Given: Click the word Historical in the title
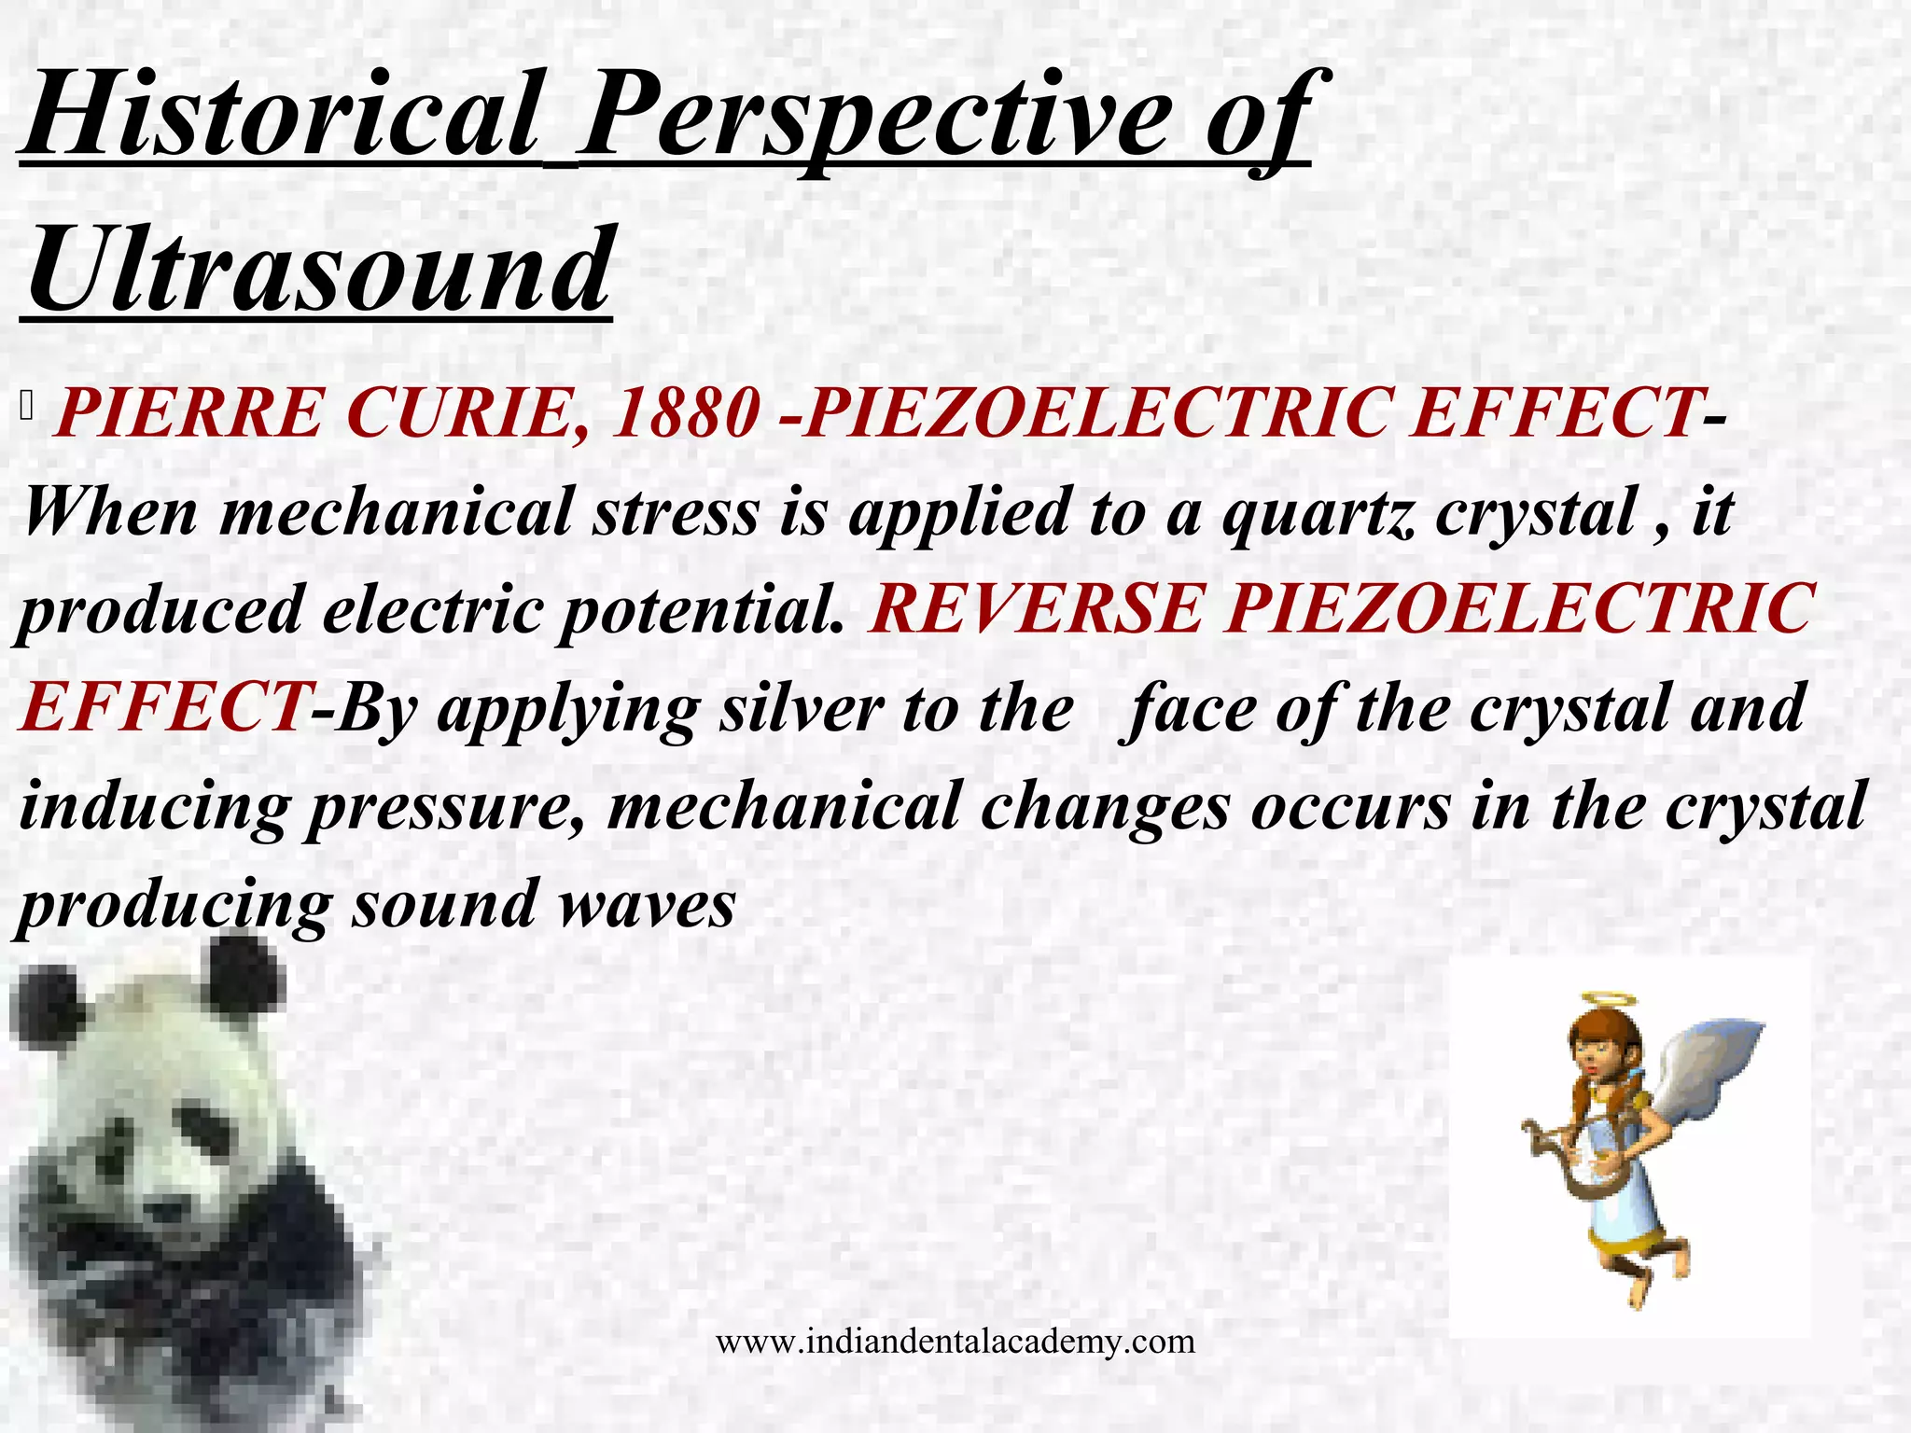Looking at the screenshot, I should pos(280,117).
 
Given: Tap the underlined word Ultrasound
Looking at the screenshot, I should pos(317,271).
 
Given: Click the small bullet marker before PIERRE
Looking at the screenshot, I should pos(26,407).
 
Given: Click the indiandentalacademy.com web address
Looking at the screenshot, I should pos(955,1342).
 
